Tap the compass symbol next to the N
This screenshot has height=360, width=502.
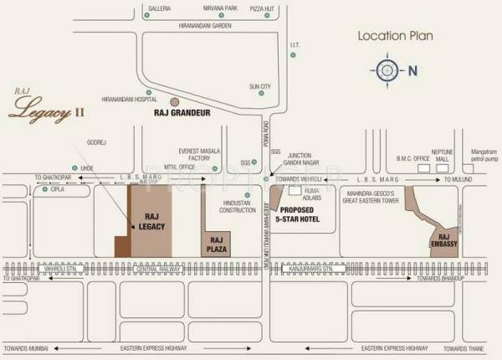[x=387, y=70]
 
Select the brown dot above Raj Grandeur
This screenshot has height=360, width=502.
[x=174, y=100]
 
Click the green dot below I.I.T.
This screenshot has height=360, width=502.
[x=293, y=55]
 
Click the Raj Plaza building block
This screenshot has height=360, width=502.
[x=217, y=230]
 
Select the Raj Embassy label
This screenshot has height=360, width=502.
[x=443, y=239]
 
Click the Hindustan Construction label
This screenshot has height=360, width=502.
[x=238, y=206]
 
